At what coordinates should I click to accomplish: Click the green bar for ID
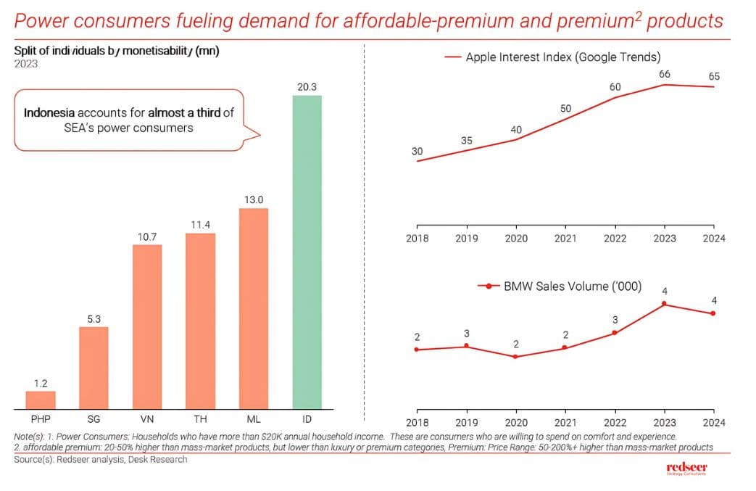(307, 252)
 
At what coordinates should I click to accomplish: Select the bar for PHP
(41, 401)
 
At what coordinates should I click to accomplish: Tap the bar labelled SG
(94, 368)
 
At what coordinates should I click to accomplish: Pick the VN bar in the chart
(147, 328)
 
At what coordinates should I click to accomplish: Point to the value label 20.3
(307, 87)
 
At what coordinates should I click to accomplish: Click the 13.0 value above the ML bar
(253, 199)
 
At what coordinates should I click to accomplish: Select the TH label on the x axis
(200, 420)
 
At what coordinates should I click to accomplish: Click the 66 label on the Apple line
(664, 74)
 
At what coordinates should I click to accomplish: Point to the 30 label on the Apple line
(417, 151)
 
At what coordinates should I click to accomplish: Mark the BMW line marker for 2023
(664, 304)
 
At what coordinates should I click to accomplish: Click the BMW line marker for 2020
(515, 357)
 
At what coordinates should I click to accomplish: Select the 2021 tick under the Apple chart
(565, 238)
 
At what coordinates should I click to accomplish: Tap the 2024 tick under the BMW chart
(713, 423)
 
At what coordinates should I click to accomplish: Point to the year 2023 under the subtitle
(26, 64)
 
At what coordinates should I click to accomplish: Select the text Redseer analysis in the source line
(90, 459)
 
